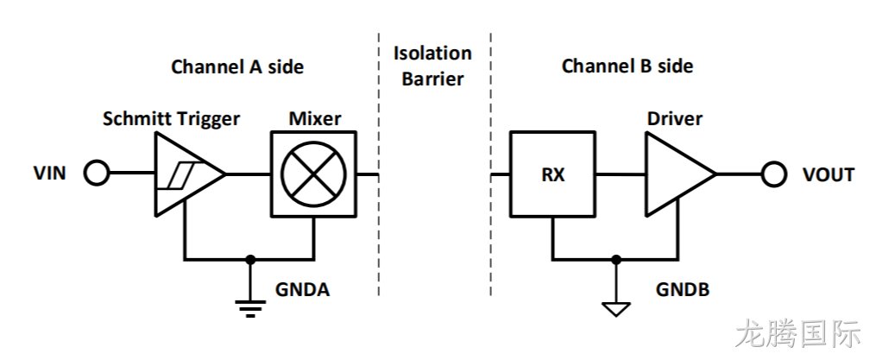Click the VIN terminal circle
(96, 174)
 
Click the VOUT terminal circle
(774, 174)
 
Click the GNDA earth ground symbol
(250, 308)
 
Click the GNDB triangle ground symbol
(615, 309)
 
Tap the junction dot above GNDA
(250, 259)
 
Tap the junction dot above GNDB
(615, 259)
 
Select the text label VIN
(50, 174)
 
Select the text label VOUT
(829, 174)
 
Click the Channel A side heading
(237, 66)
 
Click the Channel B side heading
(627, 66)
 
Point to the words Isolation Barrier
(433, 66)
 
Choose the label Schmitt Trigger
(172, 118)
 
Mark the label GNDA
(302, 289)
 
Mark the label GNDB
(683, 289)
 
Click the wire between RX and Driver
(621, 174)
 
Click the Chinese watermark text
(797, 334)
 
